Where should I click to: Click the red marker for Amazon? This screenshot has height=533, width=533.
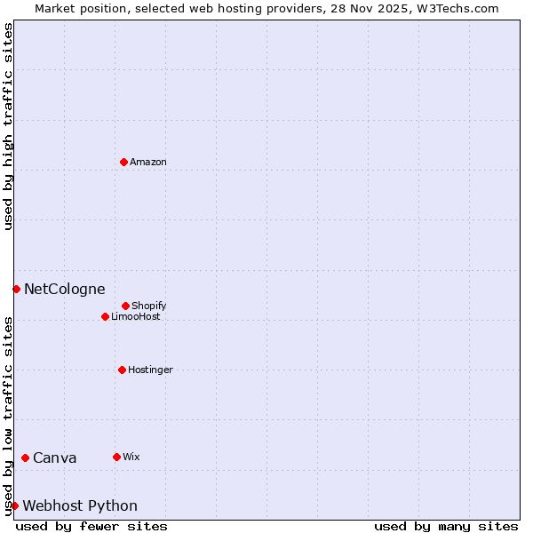pyautogui.click(x=123, y=162)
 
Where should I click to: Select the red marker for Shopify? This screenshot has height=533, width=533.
pyautogui.click(x=125, y=306)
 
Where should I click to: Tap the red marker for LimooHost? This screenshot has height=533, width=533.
pyautogui.click(x=105, y=316)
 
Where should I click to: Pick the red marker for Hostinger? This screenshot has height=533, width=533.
pyautogui.click(x=122, y=370)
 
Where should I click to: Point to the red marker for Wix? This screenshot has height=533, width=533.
pyautogui.click(x=116, y=457)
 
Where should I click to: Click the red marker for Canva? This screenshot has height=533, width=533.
pyautogui.click(x=25, y=457)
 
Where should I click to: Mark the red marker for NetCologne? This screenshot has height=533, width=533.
pyautogui.click(x=16, y=289)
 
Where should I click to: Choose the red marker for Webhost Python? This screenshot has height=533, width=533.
pyautogui.click(x=14, y=505)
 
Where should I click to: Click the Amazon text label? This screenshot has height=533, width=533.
pyautogui.click(x=148, y=163)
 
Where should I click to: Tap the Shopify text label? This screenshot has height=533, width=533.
pyautogui.click(x=149, y=306)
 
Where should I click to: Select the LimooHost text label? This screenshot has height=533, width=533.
pyautogui.click(x=136, y=317)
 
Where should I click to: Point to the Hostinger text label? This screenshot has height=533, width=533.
pyautogui.click(x=150, y=370)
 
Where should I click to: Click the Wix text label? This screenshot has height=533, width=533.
pyautogui.click(x=131, y=457)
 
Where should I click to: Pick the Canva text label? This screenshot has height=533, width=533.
pyautogui.click(x=55, y=458)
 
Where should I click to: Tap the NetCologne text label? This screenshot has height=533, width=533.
pyautogui.click(x=64, y=290)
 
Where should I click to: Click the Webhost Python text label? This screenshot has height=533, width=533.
pyautogui.click(x=80, y=506)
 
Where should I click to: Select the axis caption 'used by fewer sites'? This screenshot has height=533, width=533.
pyautogui.click(x=91, y=526)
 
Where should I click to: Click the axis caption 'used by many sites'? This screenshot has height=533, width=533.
pyautogui.click(x=446, y=526)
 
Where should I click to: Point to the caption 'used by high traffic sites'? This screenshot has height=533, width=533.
pyautogui.click(x=8, y=127)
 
